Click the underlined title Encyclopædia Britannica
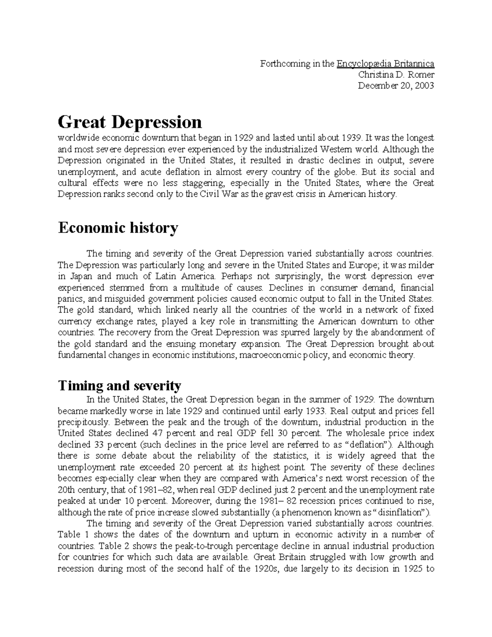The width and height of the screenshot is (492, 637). pos(385,64)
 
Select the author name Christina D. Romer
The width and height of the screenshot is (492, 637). pos(396,75)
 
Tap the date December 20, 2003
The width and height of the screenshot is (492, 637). pos(396,86)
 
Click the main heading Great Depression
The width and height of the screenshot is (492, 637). pos(130,122)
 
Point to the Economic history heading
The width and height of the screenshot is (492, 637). pos(118,227)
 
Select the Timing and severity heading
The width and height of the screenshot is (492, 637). pos(119,386)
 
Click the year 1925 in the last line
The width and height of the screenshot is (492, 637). pos(412,569)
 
